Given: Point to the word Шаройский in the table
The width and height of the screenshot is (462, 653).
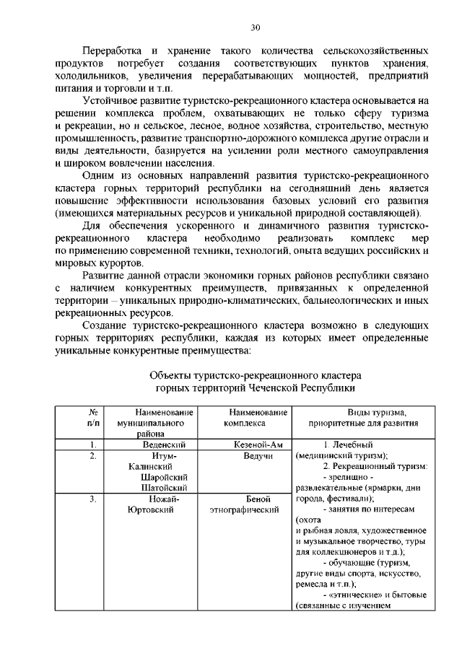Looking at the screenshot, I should pyautogui.click(x=165, y=477).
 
